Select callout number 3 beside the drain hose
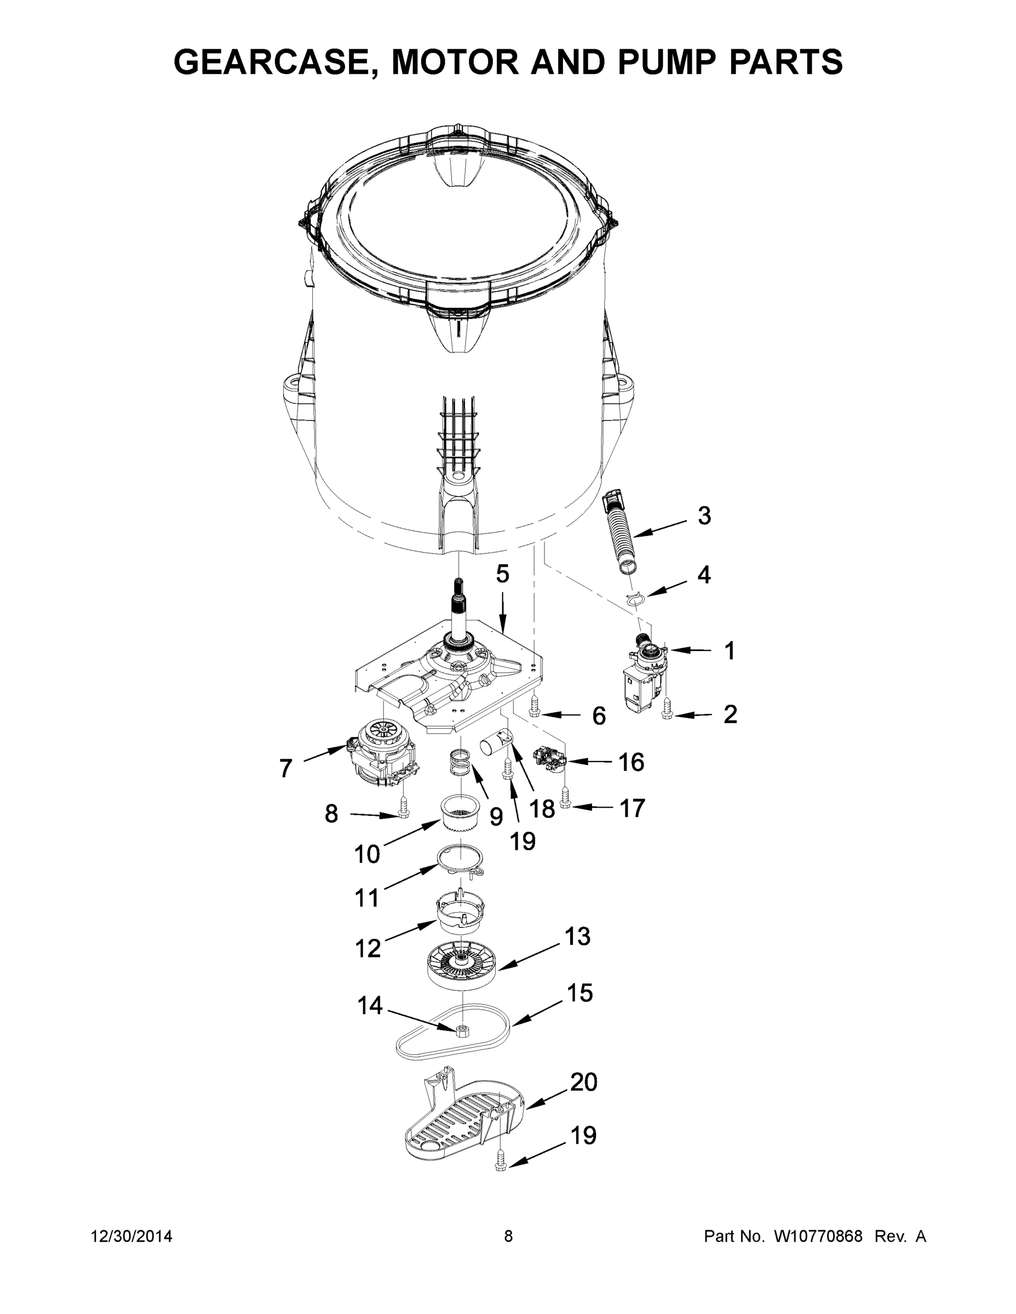[704, 516]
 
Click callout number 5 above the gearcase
[503, 574]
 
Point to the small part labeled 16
[550, 759]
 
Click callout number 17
[632, 809]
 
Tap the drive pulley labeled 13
[462, 963]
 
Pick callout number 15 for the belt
[579, 993]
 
